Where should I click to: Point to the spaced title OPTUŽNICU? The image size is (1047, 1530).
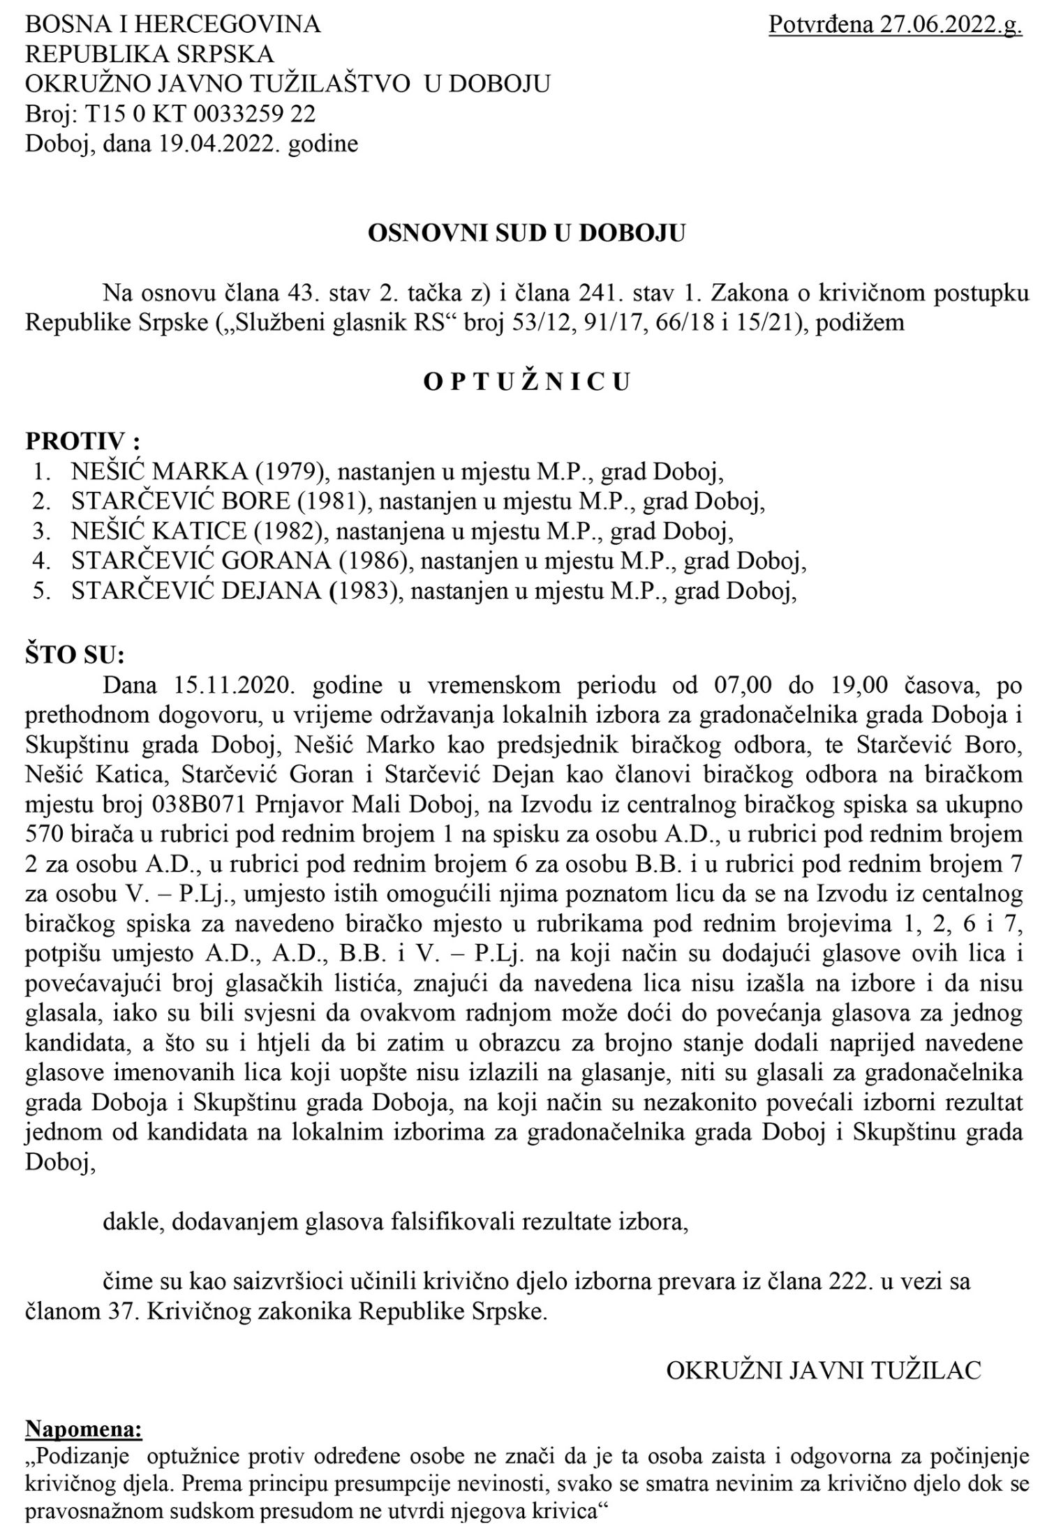click(x=527, y=382)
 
